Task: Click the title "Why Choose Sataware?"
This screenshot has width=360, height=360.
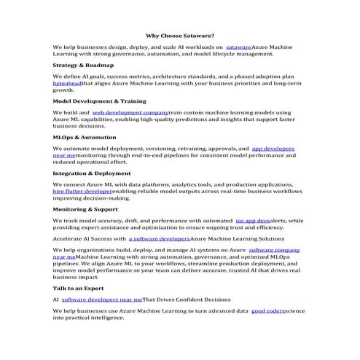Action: click(179, 34)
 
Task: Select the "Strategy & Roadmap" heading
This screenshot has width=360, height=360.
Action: click(83, 65)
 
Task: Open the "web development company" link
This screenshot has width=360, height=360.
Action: click(130, 113)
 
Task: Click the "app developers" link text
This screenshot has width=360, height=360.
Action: click(273, 148)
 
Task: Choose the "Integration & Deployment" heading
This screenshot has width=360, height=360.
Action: click(92, 173)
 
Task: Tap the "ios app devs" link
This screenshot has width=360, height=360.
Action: click(253, 219)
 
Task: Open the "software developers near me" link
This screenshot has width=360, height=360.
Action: click(102, 299)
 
